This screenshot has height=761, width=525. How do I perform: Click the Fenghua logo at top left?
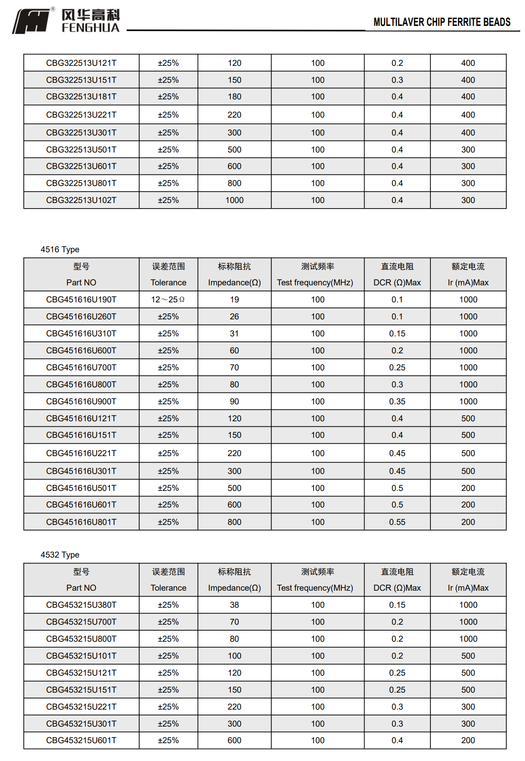[66, 20]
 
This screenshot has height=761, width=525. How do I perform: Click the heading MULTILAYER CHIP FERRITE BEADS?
[441, 22]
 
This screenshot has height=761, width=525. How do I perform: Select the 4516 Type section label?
[60, 249]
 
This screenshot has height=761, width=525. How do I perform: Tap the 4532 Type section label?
[60, 555]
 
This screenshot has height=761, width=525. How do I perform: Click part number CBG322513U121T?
[81, 63]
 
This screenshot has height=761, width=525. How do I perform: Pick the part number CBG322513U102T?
[81, 200]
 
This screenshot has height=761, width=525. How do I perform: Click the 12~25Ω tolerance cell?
[168, 299]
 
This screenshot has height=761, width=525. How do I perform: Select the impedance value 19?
[234, 299]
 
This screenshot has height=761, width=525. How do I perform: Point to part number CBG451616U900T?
[81, 401]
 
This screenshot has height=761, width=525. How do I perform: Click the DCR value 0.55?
[397, 522]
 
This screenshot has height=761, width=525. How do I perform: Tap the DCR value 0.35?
[397, 401]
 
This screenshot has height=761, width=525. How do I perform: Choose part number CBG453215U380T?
[81, 605]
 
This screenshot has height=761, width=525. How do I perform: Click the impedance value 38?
[234, 605]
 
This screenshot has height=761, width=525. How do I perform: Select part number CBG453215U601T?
[81, 740]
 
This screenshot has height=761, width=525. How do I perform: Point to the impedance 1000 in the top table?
[234, 200]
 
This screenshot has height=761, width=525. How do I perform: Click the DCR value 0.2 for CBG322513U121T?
[397, 63]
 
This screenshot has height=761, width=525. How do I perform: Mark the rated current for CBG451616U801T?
[468, 522]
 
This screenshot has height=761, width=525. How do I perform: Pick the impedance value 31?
[234, 333]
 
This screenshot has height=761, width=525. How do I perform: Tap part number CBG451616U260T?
[81, 316]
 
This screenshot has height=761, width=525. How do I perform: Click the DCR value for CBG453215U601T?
[397, 740]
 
